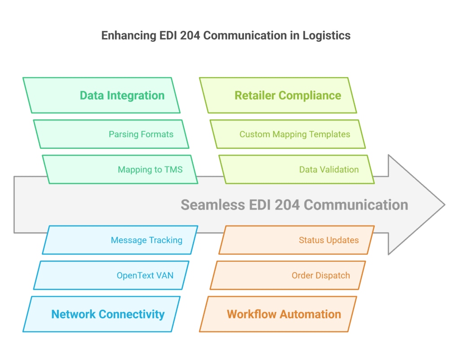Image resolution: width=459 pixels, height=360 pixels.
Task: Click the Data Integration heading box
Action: [101, 95]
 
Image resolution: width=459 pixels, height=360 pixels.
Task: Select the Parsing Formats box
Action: [111, 134]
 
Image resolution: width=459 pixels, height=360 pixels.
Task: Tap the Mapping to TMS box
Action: [120, 169]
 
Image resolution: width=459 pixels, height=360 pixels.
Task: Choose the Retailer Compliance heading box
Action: [278, 95]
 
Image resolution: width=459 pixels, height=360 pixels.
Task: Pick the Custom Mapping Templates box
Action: [288, 134]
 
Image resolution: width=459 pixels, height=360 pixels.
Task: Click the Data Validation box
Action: [296, 169]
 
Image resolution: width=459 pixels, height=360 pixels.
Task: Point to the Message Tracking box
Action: [120, 240]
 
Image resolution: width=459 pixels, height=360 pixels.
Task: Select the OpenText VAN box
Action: [111, 275]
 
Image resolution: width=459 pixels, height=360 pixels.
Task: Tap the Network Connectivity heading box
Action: [101, 314]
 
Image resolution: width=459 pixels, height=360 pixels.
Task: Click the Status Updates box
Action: [296, 240]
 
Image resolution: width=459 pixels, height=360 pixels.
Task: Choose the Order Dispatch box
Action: [288, 275]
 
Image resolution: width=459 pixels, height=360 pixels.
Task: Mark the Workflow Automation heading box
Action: [278, 314]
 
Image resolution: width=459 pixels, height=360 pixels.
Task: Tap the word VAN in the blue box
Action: [164, 275]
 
